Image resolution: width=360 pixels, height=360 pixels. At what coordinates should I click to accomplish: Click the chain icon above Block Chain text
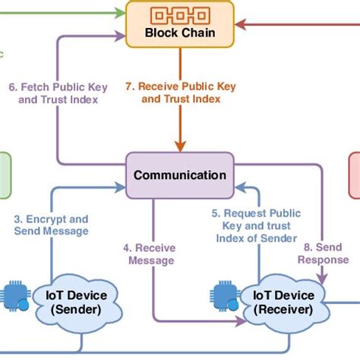pyautogui.click(x=179, y=14)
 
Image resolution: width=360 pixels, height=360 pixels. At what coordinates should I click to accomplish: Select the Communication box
pyautogui.click(x=180, y=175)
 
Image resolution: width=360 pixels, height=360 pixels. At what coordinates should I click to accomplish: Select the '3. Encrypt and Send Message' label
pyautogui.click(x=52, y=224)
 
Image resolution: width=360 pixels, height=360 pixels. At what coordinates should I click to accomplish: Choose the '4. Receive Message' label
pyautogui.click(x=149, y=254)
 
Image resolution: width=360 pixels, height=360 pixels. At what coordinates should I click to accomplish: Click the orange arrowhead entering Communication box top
pyautogui.click(x=180, y=147)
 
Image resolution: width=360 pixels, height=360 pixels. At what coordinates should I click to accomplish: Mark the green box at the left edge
pyautogui.click(x=5, y=175)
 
